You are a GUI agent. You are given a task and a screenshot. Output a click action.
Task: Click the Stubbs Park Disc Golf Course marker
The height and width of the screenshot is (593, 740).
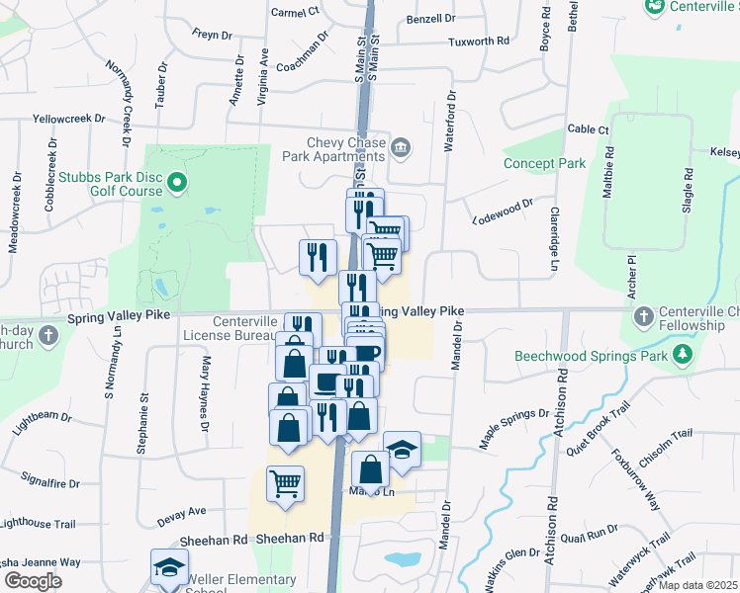pyautogui.click(x=177, y=182)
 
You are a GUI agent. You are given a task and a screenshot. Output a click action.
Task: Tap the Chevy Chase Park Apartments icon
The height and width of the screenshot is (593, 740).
pyautogui.click(x=401, y=148)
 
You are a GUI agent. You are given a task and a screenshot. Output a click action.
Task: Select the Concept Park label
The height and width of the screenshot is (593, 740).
pyautogui.click(x=544, y=163)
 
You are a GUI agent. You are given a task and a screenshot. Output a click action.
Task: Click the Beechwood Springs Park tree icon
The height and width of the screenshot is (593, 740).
pyautogui.click(x=682, y=355)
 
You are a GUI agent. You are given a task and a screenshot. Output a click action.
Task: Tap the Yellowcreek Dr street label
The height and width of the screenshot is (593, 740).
pyautogui.click(x=68, y=119)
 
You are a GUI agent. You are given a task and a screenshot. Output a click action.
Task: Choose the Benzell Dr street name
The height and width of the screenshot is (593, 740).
pyautogui.click(x=430, y=19)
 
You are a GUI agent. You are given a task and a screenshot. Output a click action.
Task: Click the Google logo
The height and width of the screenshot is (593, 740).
pyautogui.click(x=33, y=581)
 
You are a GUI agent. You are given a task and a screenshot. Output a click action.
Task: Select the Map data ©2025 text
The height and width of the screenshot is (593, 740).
pyautogui.click(x=698, y=585)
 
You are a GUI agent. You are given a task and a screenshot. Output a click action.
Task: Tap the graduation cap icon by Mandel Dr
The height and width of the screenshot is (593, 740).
pyautogui.click(x=402, y=448)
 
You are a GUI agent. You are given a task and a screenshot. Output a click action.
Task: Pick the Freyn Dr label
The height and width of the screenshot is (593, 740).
pyautogui.click(x=212, y=36)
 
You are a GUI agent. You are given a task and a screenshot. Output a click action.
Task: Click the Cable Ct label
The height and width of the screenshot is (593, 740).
pyautogui.click(x=588, y=129)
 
